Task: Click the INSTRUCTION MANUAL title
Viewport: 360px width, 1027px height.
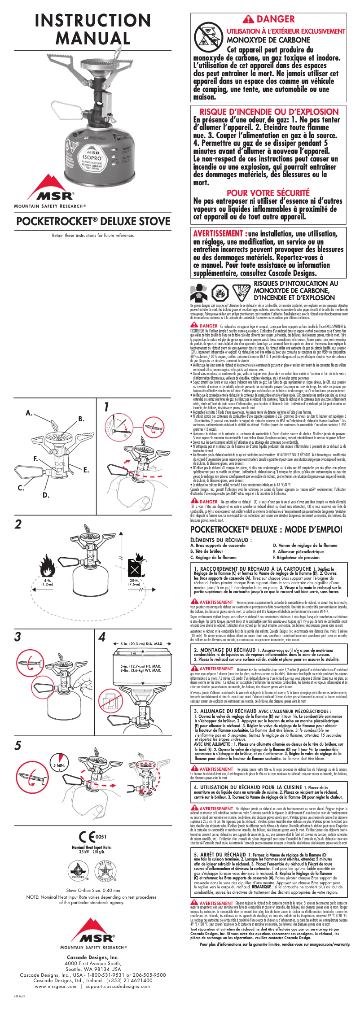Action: [x=92, y=29]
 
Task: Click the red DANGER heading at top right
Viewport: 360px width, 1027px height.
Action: [x=268, y=19]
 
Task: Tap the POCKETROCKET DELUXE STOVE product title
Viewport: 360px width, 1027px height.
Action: [x=93, y=221]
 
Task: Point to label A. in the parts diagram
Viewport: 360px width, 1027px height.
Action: [x=29, y=413]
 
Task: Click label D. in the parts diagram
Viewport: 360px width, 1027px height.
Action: [x=46, y=495]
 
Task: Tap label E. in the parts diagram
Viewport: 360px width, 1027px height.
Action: [x=86, y=470]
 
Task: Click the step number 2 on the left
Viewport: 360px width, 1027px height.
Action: [x=18, y=524]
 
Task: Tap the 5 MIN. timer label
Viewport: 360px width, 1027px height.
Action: [x=59, y=765]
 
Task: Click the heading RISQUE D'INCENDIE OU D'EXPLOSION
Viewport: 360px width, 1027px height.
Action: [x=268, y=112]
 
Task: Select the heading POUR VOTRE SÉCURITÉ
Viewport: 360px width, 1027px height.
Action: [x=268, y=193]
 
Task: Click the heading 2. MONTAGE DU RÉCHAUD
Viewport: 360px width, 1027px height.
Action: [x=224, y=650]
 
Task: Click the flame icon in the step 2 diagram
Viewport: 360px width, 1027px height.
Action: [x=47, y=566]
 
